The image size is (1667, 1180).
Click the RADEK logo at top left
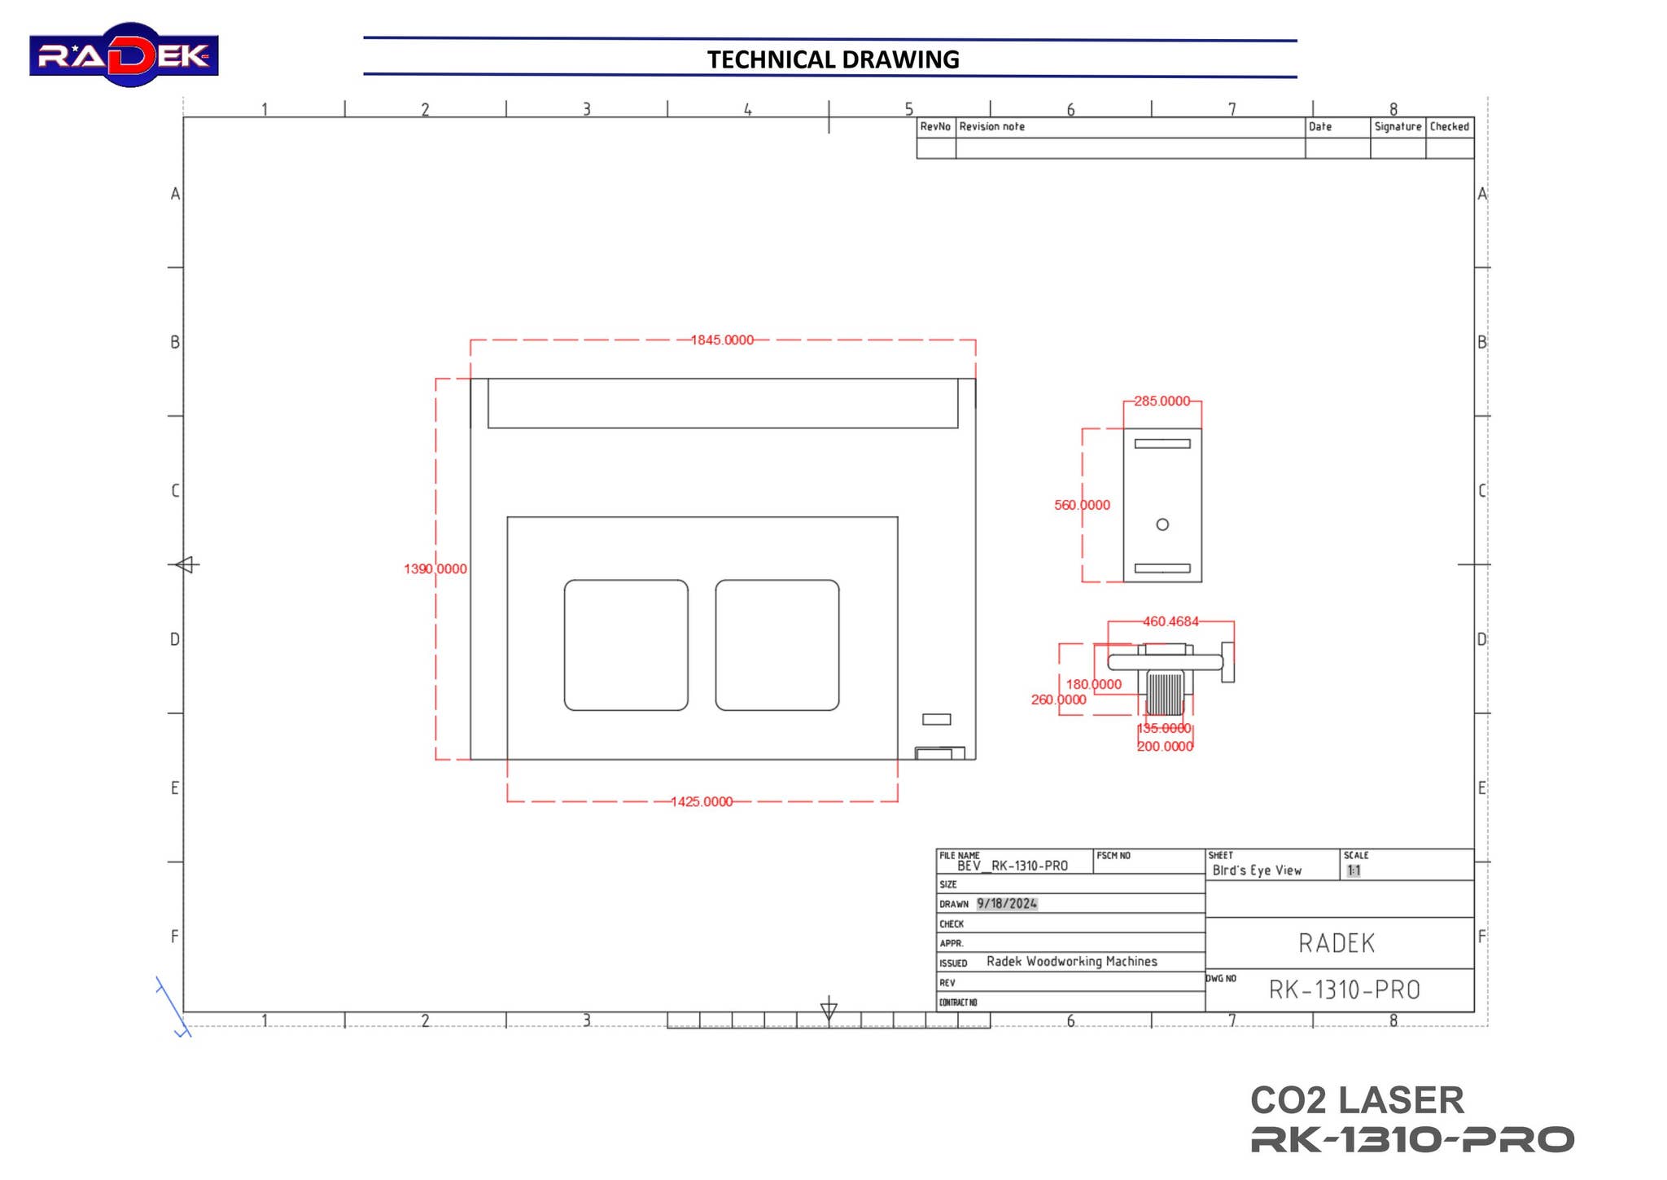point(124,55)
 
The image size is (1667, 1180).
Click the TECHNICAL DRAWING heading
point(832,59)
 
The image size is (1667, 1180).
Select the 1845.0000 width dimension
point(722,340)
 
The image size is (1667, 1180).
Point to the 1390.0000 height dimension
point(435,568)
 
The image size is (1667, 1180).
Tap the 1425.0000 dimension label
point(701,801)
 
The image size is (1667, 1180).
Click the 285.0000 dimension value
point(1162,401)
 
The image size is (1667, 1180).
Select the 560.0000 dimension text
point(1081,505)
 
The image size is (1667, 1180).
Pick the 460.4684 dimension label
point(1170,621)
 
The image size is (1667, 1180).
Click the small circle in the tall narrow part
point(1162,524)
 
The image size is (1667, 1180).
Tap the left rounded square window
point(625,645)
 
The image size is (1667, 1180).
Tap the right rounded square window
point(777,645)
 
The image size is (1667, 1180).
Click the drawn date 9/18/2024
point(1006,903)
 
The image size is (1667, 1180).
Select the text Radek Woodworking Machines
point(1071,962)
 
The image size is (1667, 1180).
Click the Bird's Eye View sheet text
point(1256,871)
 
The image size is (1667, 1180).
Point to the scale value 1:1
point(1353,871)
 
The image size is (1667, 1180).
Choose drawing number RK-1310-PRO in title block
point(1344,990)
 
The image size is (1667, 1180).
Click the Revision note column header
point(991,126)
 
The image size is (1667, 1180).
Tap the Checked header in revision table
point(1449,126)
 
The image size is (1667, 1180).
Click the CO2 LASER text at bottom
point(1356,1100)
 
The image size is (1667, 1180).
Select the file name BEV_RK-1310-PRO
point(1012,866)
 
